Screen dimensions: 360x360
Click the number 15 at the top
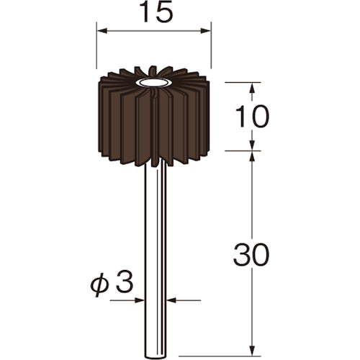point(154,14)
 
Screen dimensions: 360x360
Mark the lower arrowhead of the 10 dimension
point(251,145)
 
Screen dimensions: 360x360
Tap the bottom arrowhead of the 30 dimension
point(251,330)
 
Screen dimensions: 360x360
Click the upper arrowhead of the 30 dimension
point(251,156)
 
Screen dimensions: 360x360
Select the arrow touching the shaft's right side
point(169,299)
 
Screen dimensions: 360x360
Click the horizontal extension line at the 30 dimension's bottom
point(216,336)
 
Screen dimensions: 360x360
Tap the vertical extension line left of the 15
point(96,50)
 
